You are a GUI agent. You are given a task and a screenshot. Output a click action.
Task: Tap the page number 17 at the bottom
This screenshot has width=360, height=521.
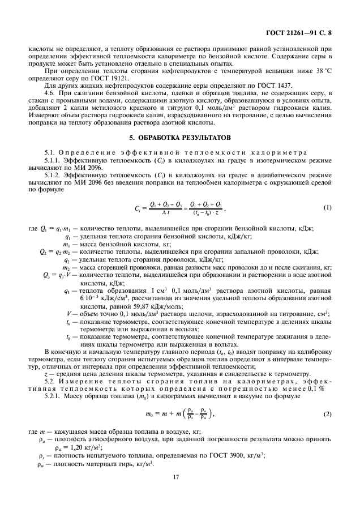pos(180,493)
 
